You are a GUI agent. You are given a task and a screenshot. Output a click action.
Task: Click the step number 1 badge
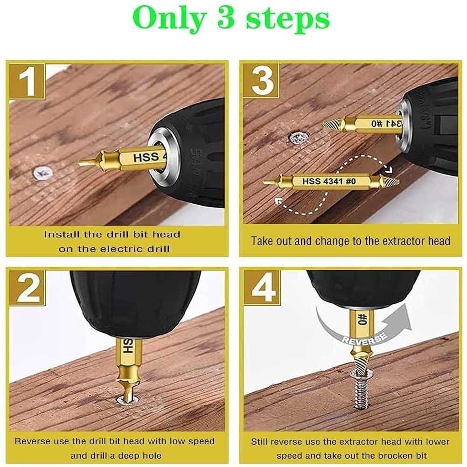[x=27, y=81]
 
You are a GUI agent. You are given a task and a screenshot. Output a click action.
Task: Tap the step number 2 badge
[x=27, y=288]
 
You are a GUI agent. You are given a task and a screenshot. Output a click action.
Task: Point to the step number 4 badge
[x=262, y=288]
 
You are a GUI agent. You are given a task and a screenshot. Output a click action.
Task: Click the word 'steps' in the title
[x=287, y=19]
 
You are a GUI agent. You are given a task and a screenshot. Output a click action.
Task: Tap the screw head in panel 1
[x=42, y=173]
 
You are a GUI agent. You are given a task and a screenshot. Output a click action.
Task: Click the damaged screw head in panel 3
[x=298, y=138]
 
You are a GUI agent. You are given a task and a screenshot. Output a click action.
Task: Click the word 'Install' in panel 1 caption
[x=59, y=234]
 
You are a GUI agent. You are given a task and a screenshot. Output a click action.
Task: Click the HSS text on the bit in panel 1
[x=146, y=158]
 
